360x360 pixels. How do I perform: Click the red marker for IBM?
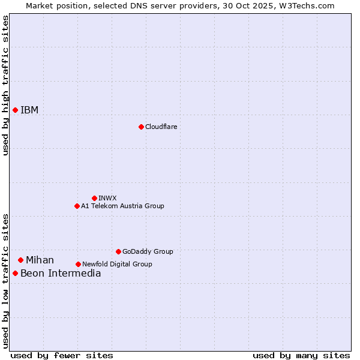tap(15, 110)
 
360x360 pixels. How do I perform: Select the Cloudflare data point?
tap(141, 127)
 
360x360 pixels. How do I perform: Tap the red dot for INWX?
tap(94, 198)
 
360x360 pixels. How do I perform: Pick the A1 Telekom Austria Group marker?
tap(77, 206)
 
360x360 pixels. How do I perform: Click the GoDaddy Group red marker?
tap(118, 251)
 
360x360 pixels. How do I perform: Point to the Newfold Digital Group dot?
tap(78, 264)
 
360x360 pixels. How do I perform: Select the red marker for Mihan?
tap(20, 260)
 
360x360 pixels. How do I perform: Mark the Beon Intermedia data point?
tap(15, 274)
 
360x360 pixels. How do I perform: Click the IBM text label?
tap(29, 110)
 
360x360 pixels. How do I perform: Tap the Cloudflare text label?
tap(161, 127)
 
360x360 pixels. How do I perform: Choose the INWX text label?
tap(108, 198)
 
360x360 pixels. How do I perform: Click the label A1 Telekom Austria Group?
tap(122, 206)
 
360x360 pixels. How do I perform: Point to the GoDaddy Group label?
tap(148, 251)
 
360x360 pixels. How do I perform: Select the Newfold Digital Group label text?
tap(117, 264)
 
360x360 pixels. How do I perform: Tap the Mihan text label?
tap(40, 260)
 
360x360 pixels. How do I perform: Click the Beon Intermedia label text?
tap(61, 274)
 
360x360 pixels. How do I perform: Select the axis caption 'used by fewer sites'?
tap(62, 355)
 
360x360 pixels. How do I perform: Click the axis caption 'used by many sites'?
tap(301, 355)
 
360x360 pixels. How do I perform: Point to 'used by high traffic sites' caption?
tap(5, 85)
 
